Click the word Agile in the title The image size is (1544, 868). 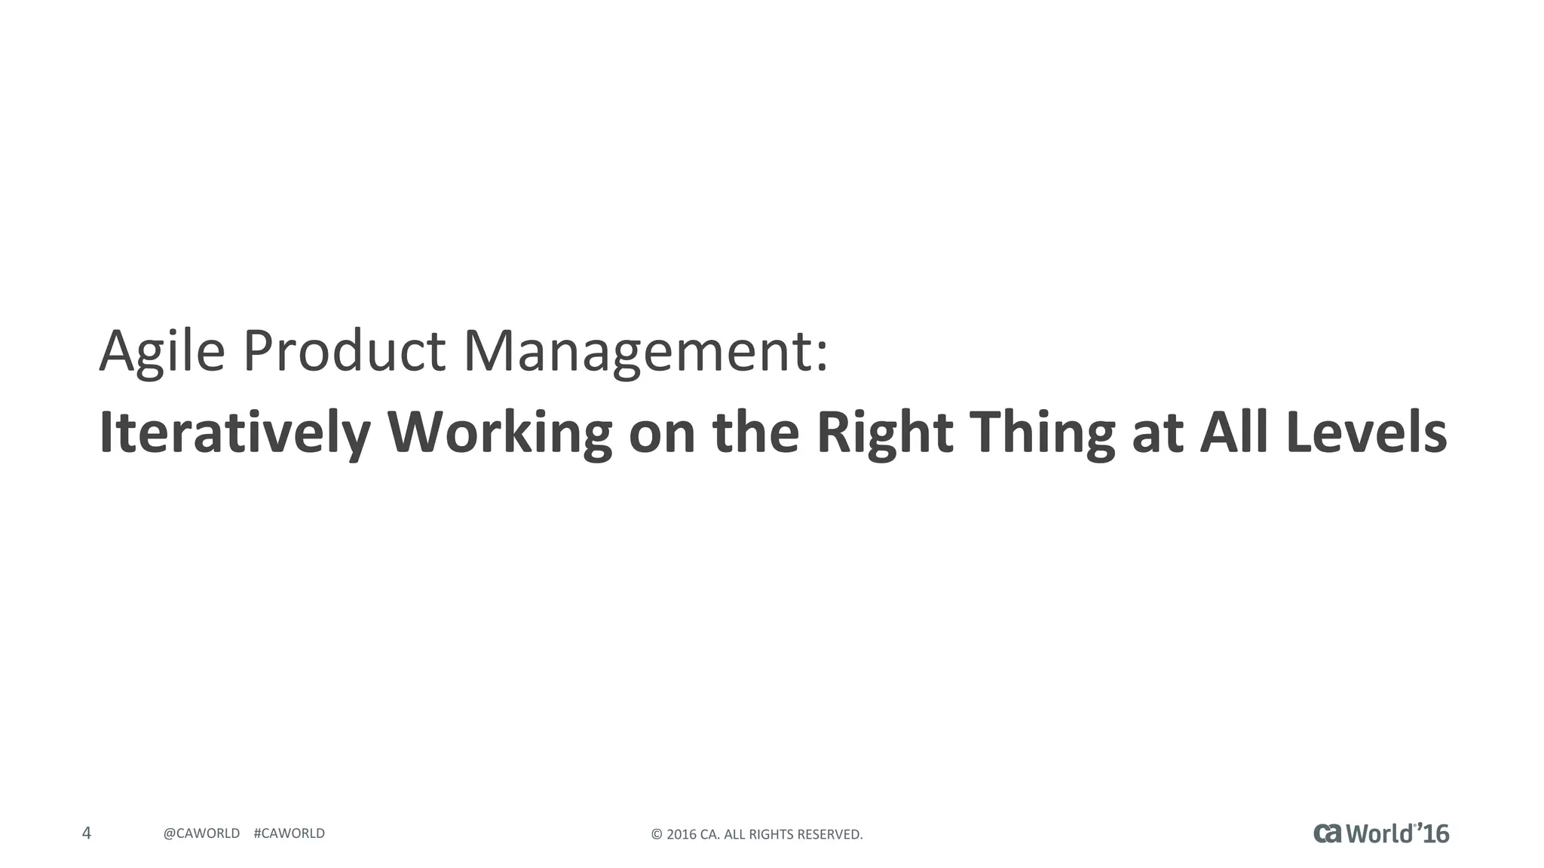coord(162,351)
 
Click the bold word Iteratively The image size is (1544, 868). coord(234,433)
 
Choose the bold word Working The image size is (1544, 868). coord(499,433)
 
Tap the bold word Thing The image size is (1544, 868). coord(1042,433)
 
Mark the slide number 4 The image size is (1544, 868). coord(87,833)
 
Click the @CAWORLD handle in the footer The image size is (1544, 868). coord(201,833)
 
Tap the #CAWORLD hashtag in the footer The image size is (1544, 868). coord(289,833)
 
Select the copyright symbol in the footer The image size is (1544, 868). coord(656,835)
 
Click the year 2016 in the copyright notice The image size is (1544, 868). coord(682,835)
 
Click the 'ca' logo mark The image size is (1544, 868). coord(1328,833)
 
